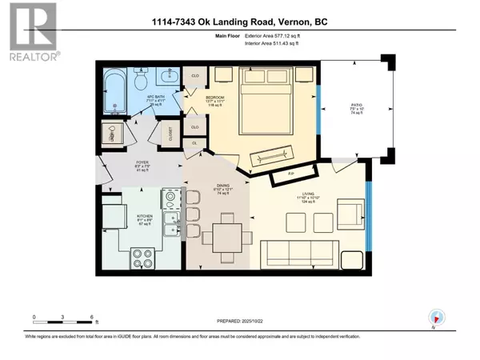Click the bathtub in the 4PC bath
118,86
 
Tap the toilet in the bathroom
139,79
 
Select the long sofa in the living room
291,256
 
